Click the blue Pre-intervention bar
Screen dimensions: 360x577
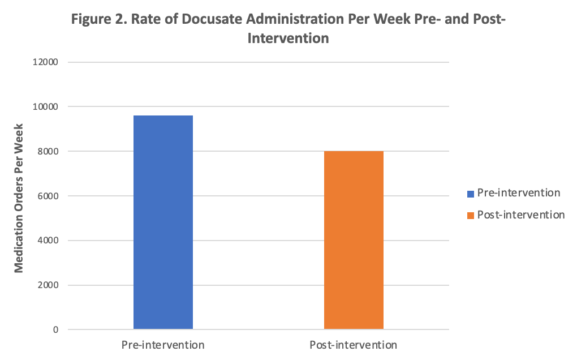(163, 222)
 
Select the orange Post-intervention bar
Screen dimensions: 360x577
(354, 240)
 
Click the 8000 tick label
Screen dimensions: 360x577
(49, 152)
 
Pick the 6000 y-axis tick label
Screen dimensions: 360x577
(49, 196)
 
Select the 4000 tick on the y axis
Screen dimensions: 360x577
(49, 241)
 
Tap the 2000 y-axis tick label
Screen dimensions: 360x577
(49, 285)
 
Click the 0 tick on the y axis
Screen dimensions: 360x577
(55, 330)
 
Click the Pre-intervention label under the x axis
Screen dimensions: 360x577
(163, 345)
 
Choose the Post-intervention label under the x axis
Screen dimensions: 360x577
(354, 345)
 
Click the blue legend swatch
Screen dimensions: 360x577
(470, 194)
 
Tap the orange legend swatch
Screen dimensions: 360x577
(470, 216)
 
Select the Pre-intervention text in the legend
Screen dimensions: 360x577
(519, 193)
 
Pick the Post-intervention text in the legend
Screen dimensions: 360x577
(521, 215)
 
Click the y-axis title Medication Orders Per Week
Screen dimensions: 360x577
(19, 196)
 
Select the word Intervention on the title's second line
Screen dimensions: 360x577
(288, 39)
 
